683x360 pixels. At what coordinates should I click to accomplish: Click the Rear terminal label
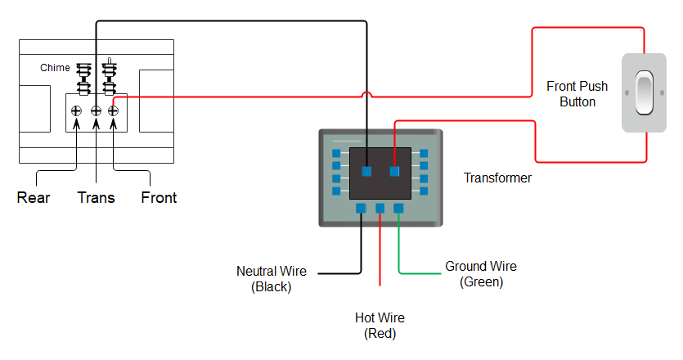(34, 197)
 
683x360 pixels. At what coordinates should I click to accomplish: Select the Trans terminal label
(96, 197)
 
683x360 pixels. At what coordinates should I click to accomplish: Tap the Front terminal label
(159, 197)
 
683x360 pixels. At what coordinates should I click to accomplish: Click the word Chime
(55, 68)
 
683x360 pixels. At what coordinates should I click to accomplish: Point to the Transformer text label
(497, 178)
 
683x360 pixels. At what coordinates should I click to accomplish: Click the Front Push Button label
(577, 94)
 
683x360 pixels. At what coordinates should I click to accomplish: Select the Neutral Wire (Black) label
(272, 278)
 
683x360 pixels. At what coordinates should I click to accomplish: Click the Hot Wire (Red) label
(380, 326)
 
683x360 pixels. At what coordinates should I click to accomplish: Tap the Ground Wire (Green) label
(481, 274)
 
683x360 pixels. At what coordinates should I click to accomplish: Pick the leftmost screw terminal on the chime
(76, 110)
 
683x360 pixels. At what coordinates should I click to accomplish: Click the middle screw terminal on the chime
(96, 110)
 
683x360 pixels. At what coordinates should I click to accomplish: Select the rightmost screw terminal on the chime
(114, 110)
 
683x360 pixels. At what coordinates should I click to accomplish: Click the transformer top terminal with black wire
(367, 172)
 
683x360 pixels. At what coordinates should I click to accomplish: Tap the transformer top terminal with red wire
(395, 172)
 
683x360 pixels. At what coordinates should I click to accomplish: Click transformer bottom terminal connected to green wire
(398, 209)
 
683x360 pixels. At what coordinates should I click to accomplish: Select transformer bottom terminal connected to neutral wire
(361, 209)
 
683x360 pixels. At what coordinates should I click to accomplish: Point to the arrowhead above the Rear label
(76, 124)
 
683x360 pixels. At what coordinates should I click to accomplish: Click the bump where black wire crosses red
(367, 96)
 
